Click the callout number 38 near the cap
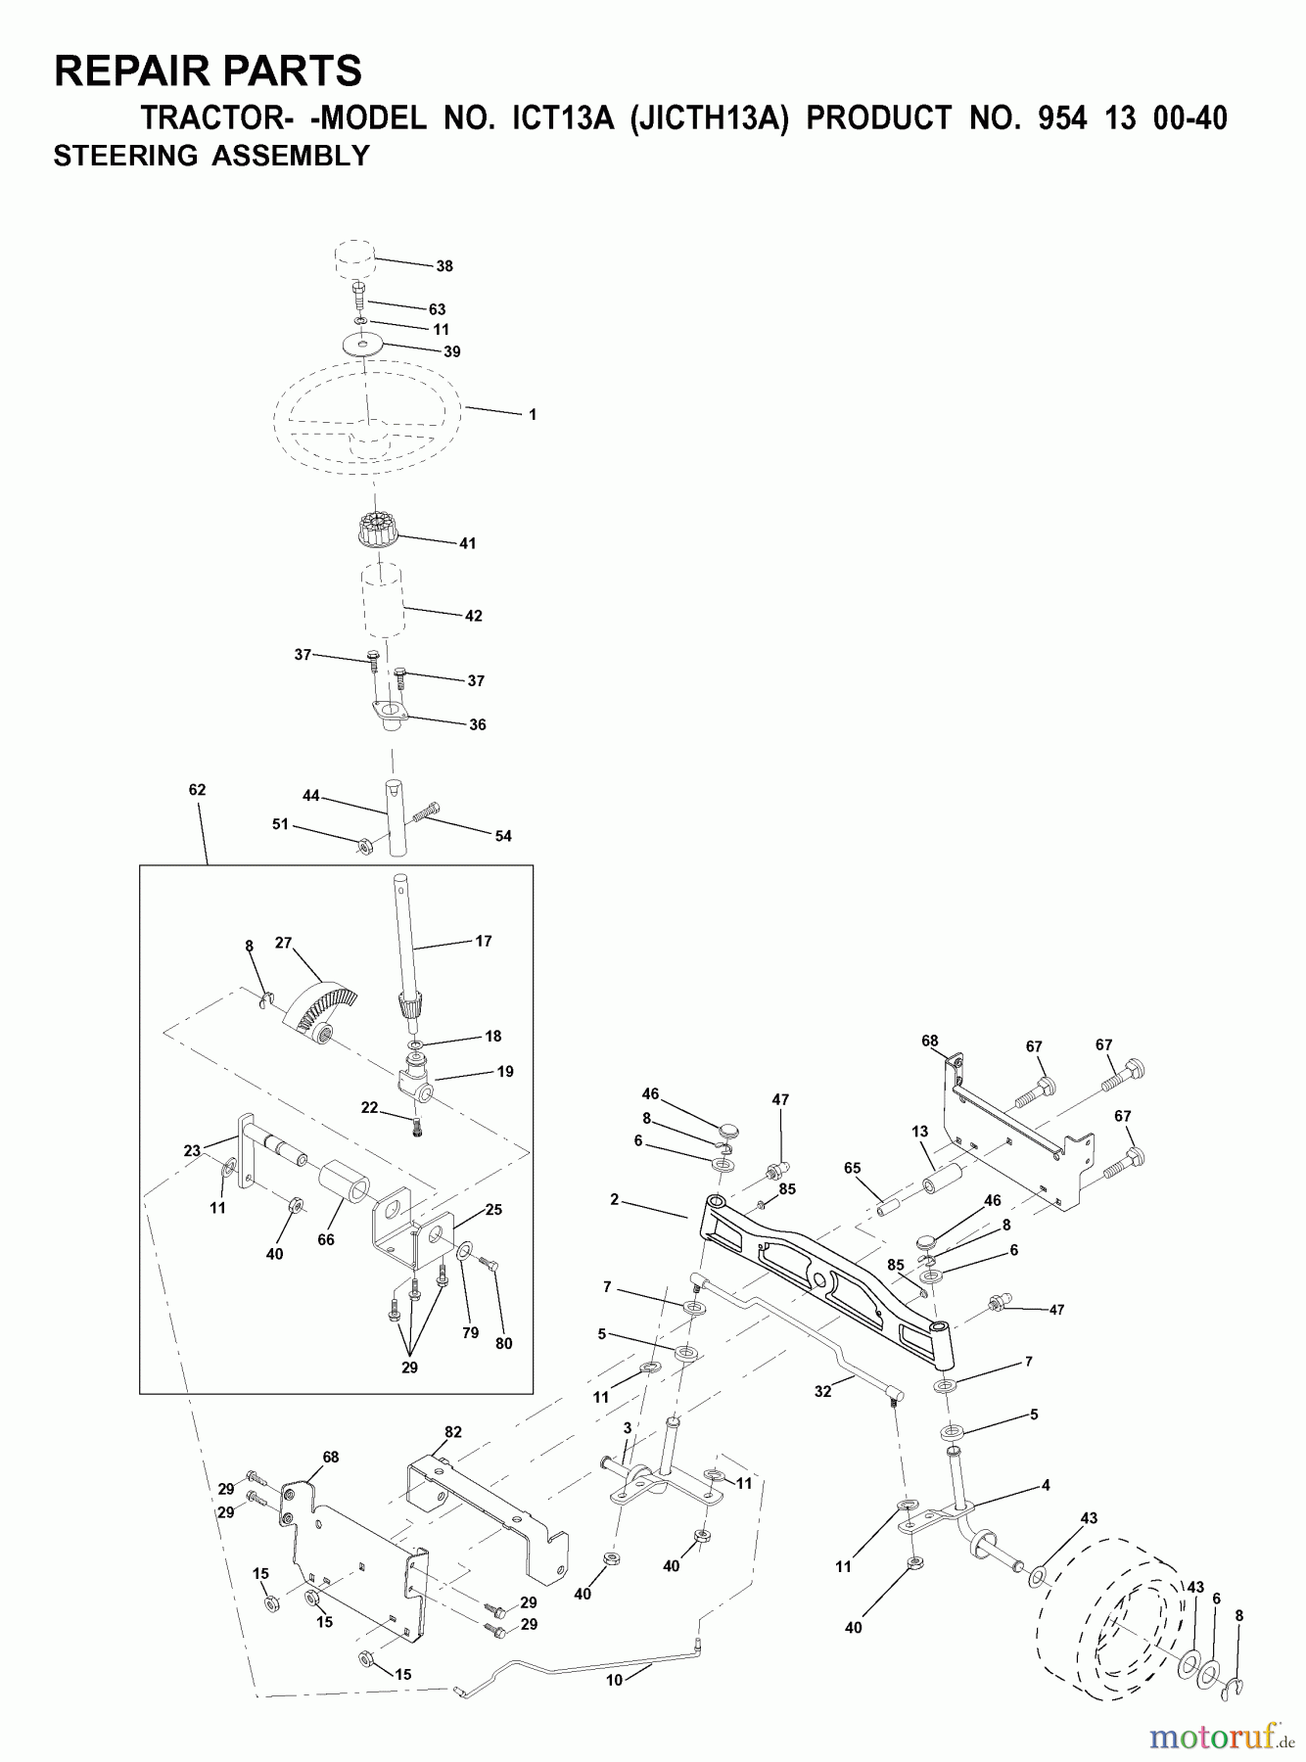coord(444,265)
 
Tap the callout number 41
coord(468,543)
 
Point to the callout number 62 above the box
coord(197,789)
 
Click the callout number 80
coord(503,1343)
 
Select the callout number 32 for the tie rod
coord(822,1391)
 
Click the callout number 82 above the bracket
coord(452,1431)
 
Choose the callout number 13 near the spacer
coord(918,1132)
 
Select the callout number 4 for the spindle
coord(1046,1485)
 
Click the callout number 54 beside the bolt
coord(503,836)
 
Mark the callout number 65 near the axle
coord(852,1168)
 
